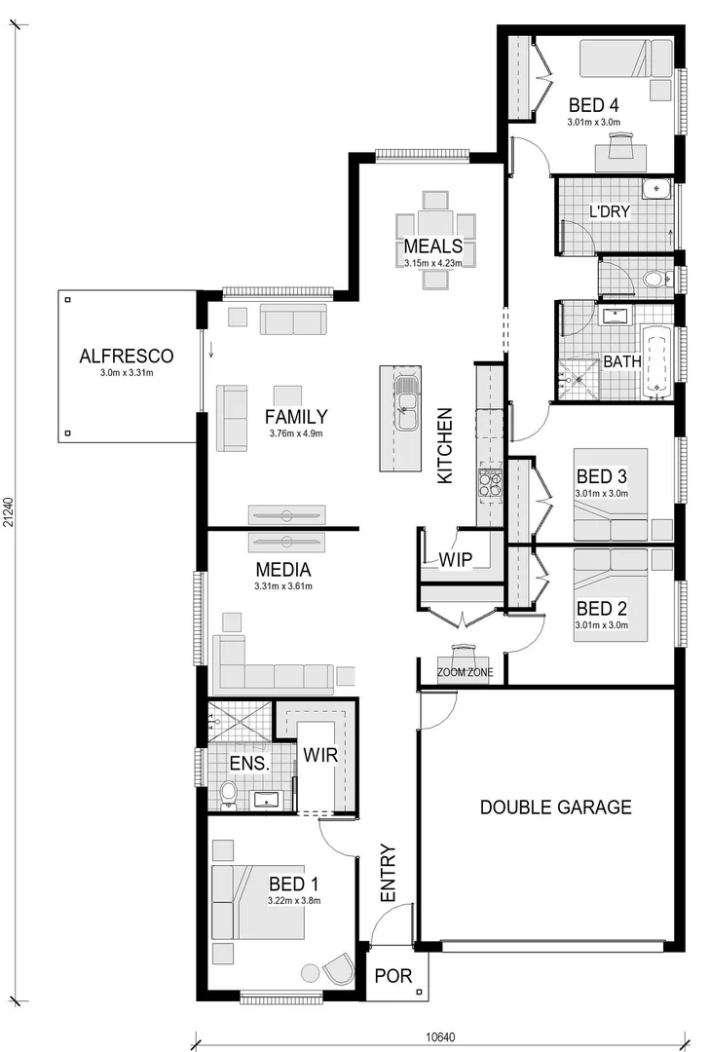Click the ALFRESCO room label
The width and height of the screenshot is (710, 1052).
[x=126, y=356]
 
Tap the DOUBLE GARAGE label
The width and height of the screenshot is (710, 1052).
[x=555, y=807]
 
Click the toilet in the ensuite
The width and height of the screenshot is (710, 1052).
[x=229, y=793]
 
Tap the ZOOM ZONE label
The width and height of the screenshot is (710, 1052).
[x=465, y=672]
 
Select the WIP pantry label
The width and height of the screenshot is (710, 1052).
[x=456, y=561]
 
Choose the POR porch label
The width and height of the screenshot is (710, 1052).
[x=393, y=975]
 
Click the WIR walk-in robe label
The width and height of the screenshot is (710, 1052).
[x=319, y=755]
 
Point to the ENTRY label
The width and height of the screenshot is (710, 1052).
[x=387, y=872]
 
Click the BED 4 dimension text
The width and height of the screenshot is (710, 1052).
[x=594, y=123]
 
